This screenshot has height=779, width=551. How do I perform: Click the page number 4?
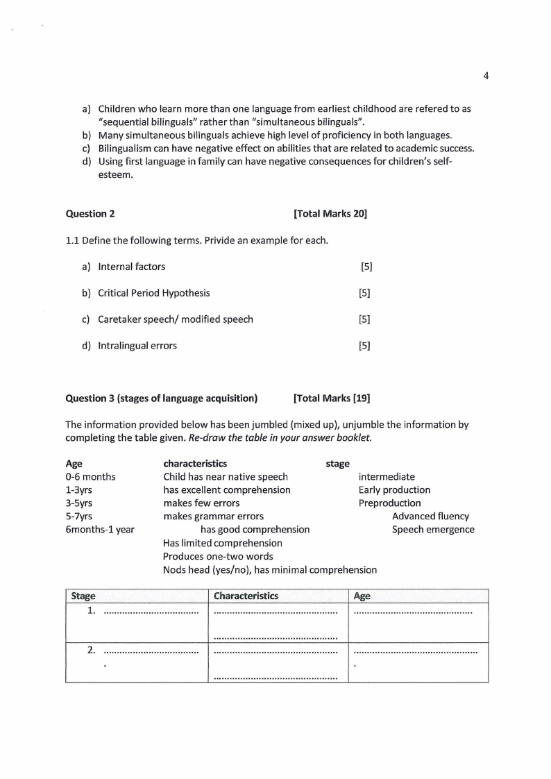click(486, 76)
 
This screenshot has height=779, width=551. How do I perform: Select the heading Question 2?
click(85, 214)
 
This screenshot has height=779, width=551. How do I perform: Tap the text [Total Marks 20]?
click(330, 214)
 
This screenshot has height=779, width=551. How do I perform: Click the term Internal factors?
click(131, 267)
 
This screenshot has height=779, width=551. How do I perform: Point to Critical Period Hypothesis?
click(153, 293)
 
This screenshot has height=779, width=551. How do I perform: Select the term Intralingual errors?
click(137, 346)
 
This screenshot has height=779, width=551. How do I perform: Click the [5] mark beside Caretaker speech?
click(364, 319)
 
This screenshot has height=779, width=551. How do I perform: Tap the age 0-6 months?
click(90, 477)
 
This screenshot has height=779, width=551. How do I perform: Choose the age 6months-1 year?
click(100, 530)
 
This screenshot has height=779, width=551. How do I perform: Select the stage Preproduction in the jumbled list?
click(389, 503)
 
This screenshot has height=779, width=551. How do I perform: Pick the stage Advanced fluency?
click(430, 517)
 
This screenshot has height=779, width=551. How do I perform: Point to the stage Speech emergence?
click(433, 530)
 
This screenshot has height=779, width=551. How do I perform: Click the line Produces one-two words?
click(218, 556)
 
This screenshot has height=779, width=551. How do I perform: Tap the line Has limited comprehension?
click(222, 543)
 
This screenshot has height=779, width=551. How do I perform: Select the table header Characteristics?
click(246, 596)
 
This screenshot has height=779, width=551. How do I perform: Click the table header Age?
click(362, 596)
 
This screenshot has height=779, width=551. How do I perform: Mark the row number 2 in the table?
click(91, 651)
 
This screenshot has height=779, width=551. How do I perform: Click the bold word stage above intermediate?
click(337, 464)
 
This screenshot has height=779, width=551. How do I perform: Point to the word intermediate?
click(387, 477)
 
